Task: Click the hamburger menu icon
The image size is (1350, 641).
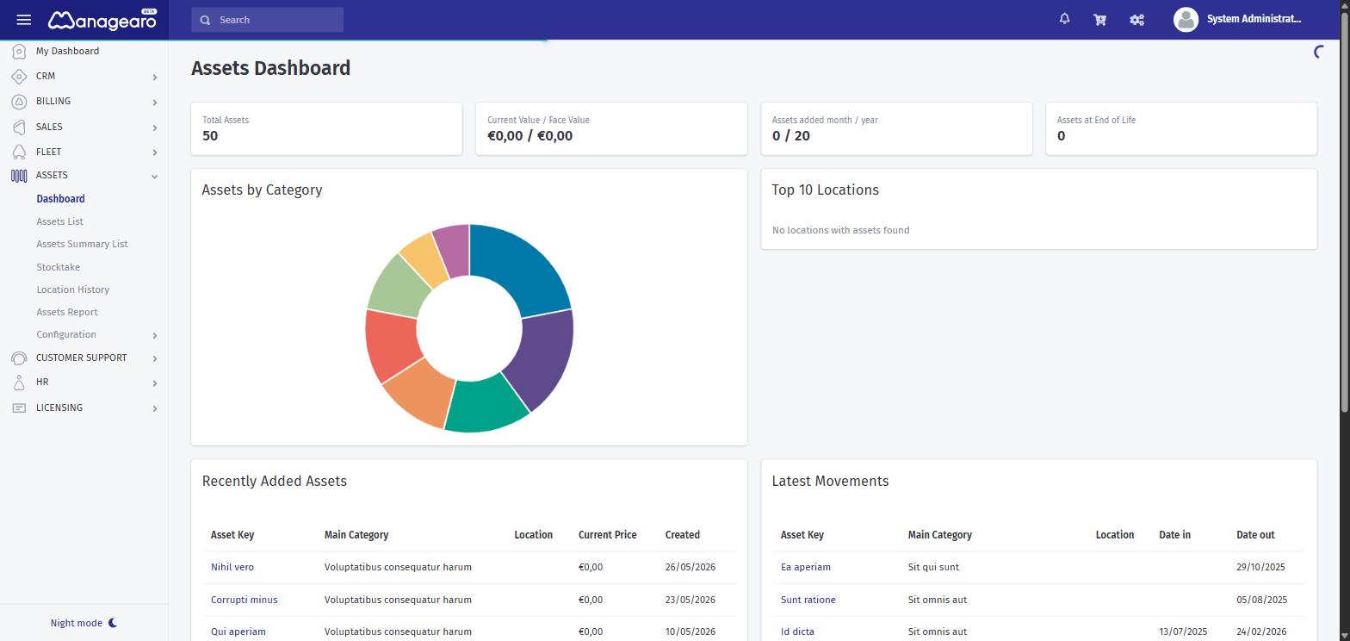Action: coord(23,20)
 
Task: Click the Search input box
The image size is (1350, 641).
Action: coord(268,20)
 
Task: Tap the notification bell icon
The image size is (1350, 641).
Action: coord(1064,19)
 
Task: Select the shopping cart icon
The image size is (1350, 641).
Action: coord(1100,20)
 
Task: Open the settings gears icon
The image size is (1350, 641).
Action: coord(1136,20)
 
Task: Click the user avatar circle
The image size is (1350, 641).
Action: coord(1186,20)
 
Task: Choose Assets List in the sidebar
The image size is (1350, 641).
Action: coord(59,221)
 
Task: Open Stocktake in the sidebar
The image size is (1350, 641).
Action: coord(58,266)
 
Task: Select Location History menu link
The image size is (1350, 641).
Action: coord(73,289)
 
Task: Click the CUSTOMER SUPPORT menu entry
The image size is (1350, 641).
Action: coord(81,358)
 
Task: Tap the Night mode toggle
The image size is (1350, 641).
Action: coord(84,623)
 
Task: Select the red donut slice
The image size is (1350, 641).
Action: coord(391,343)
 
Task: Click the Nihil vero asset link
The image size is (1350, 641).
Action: coord(232,567)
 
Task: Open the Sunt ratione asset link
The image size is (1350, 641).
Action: coord(808,600)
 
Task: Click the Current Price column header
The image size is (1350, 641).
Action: coord(608,535)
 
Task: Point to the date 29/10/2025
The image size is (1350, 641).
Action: coord(1260,567)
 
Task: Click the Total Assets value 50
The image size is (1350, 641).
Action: coord(210,135)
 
